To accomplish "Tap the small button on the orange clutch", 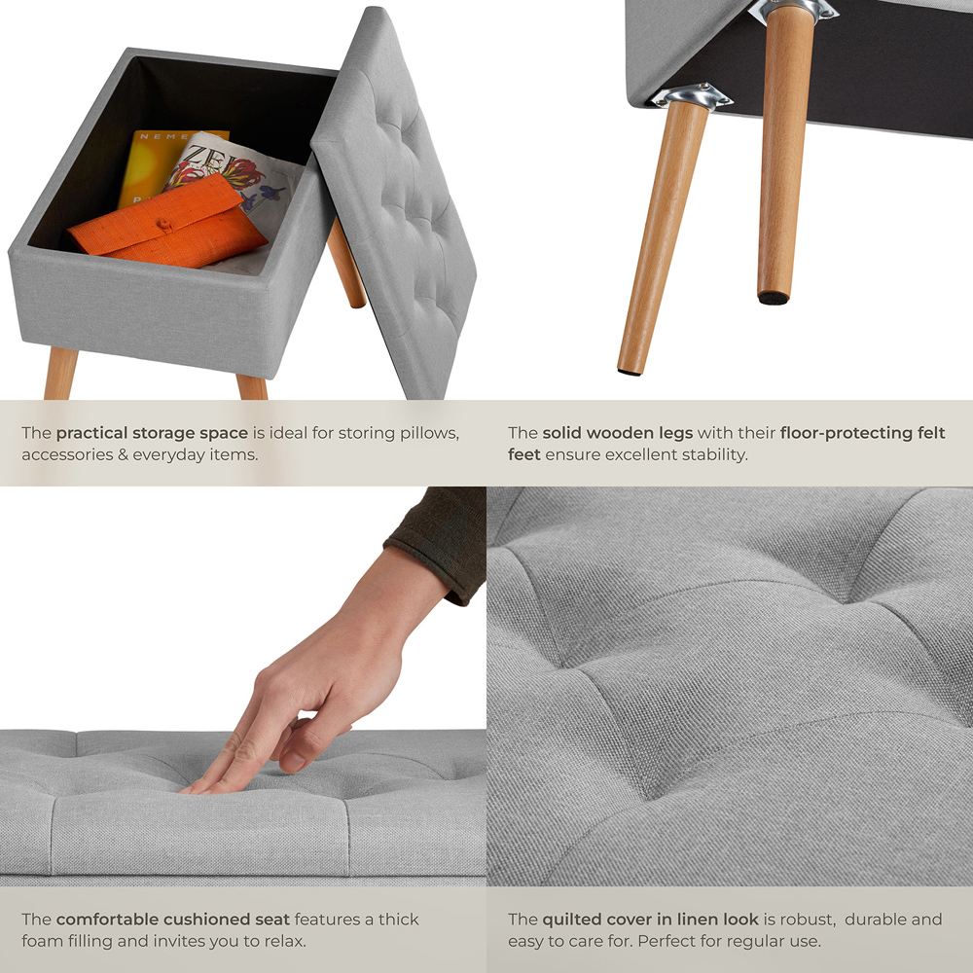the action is click(165, 226).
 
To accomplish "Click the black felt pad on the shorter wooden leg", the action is click(773, 298).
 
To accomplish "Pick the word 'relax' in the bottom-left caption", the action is click(285, 941).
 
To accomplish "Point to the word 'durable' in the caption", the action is click(875, 919).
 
